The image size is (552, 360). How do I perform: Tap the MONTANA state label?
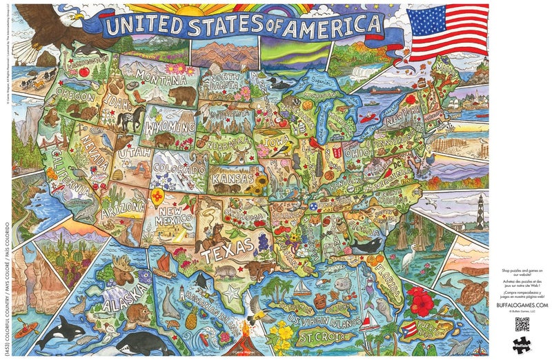point(156,74)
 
